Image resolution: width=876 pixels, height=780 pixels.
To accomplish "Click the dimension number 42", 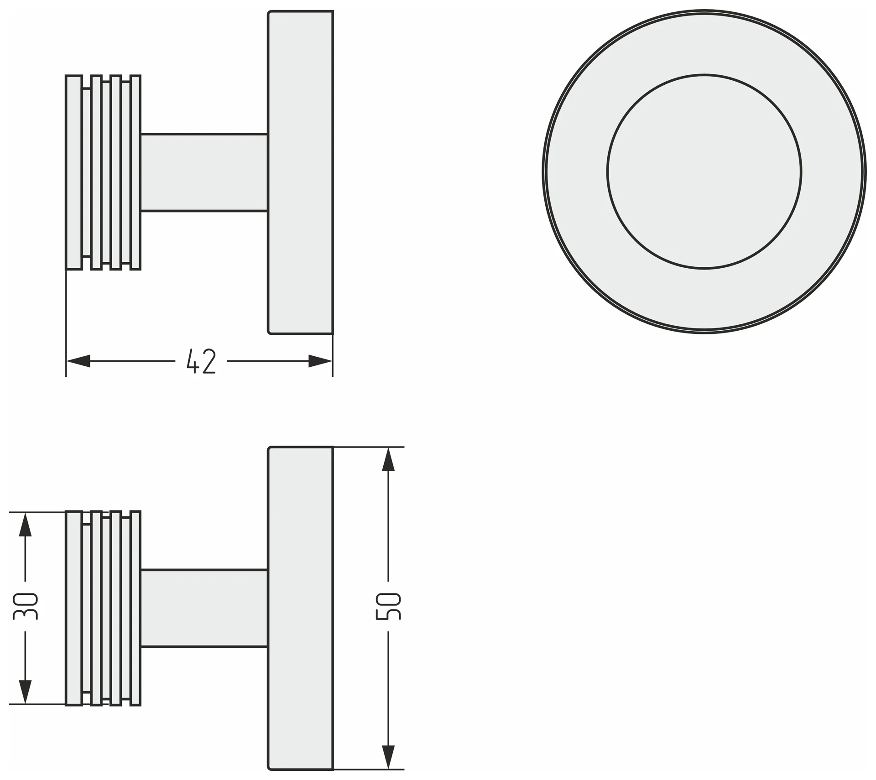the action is [201, 361].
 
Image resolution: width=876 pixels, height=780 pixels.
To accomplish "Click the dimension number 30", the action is [25, 606].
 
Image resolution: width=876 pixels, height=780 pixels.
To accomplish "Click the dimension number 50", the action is [388, 606].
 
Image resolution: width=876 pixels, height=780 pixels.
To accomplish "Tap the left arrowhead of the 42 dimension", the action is [78, 361].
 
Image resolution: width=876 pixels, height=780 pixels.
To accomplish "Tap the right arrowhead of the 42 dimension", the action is [320, 361].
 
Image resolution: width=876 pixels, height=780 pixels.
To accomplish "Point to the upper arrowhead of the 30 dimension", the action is [25, 524].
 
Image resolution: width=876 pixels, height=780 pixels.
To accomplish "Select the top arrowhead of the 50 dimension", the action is [388, 459].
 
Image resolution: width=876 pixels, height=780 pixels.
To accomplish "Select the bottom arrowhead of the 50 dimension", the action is [388, 758].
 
